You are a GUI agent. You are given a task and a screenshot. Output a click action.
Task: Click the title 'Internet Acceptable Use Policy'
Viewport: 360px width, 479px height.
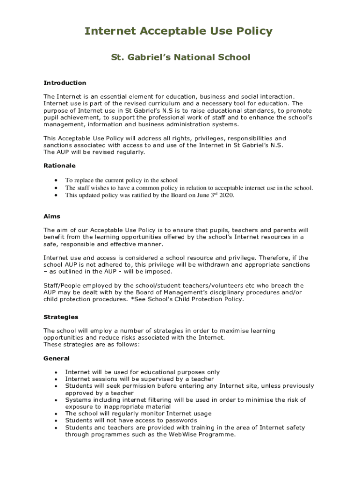[x=178, y=31]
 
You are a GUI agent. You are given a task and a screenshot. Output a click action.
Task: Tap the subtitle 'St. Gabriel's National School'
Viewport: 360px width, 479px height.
[x=180, y=58]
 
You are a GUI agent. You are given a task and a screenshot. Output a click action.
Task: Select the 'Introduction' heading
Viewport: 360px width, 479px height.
[x=65, y=83]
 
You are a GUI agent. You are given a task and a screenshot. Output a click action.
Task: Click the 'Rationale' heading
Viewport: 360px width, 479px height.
[x=59, y=166]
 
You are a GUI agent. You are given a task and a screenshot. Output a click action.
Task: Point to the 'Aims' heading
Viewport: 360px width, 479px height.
[x=52, y=217]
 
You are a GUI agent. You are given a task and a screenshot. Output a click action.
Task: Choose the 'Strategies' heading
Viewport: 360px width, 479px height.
[x=61, y=317]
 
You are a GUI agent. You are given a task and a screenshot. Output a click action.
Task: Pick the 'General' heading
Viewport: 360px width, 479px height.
[x=56, y=358]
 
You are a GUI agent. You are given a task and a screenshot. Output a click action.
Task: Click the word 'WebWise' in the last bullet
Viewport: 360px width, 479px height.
[x=182, y=434]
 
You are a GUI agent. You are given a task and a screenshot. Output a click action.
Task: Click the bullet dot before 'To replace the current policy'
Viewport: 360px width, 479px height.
[x=56, y=181]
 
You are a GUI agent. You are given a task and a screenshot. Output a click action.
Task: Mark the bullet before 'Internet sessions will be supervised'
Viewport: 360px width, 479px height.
[x=56, y=379]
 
